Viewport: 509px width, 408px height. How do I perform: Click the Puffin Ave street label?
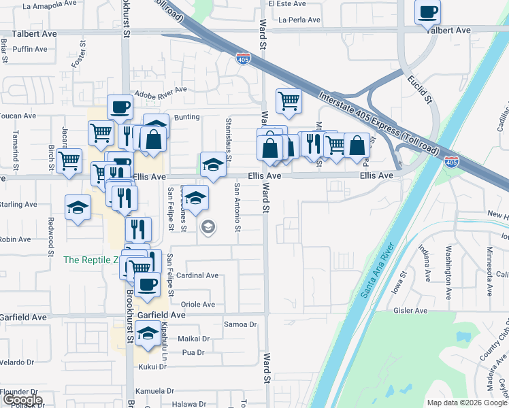click(30, 49)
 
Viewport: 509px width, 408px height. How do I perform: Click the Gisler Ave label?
click(410, 311)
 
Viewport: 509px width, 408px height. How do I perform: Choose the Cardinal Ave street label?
click(197, 275)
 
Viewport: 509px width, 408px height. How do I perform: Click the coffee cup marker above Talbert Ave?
click(427, 12)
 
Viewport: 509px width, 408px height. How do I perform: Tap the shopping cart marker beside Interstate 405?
click(289, 101)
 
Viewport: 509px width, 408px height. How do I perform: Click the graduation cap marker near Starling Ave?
click(78, 207)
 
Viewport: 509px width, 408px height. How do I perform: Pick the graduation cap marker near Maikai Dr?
click(147, 333)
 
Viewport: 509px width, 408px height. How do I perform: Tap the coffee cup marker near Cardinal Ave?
click(146, 285)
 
